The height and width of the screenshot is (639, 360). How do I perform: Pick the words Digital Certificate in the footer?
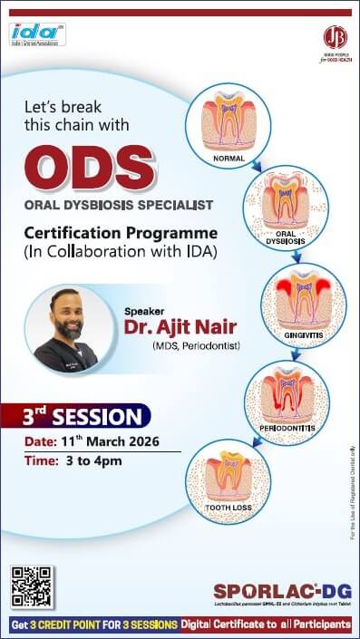[x=225, y=624]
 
